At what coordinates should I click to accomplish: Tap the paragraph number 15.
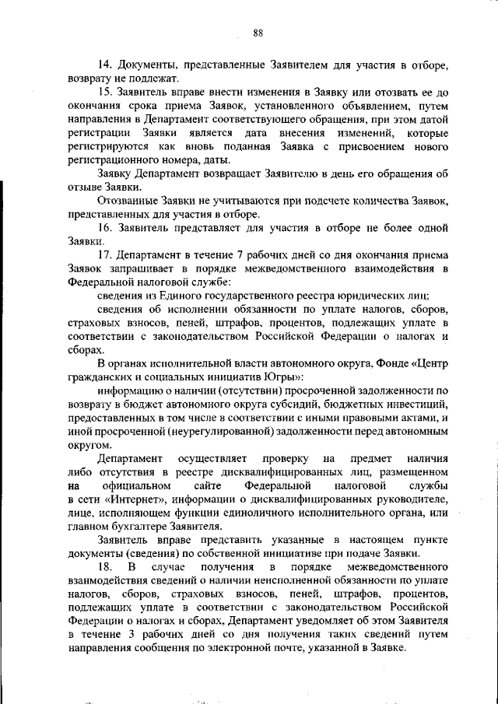click(x=104, y=93)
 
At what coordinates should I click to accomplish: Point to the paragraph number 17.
click(x=104, y=254)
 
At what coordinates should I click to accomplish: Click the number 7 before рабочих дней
click(x=240, y=254)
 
